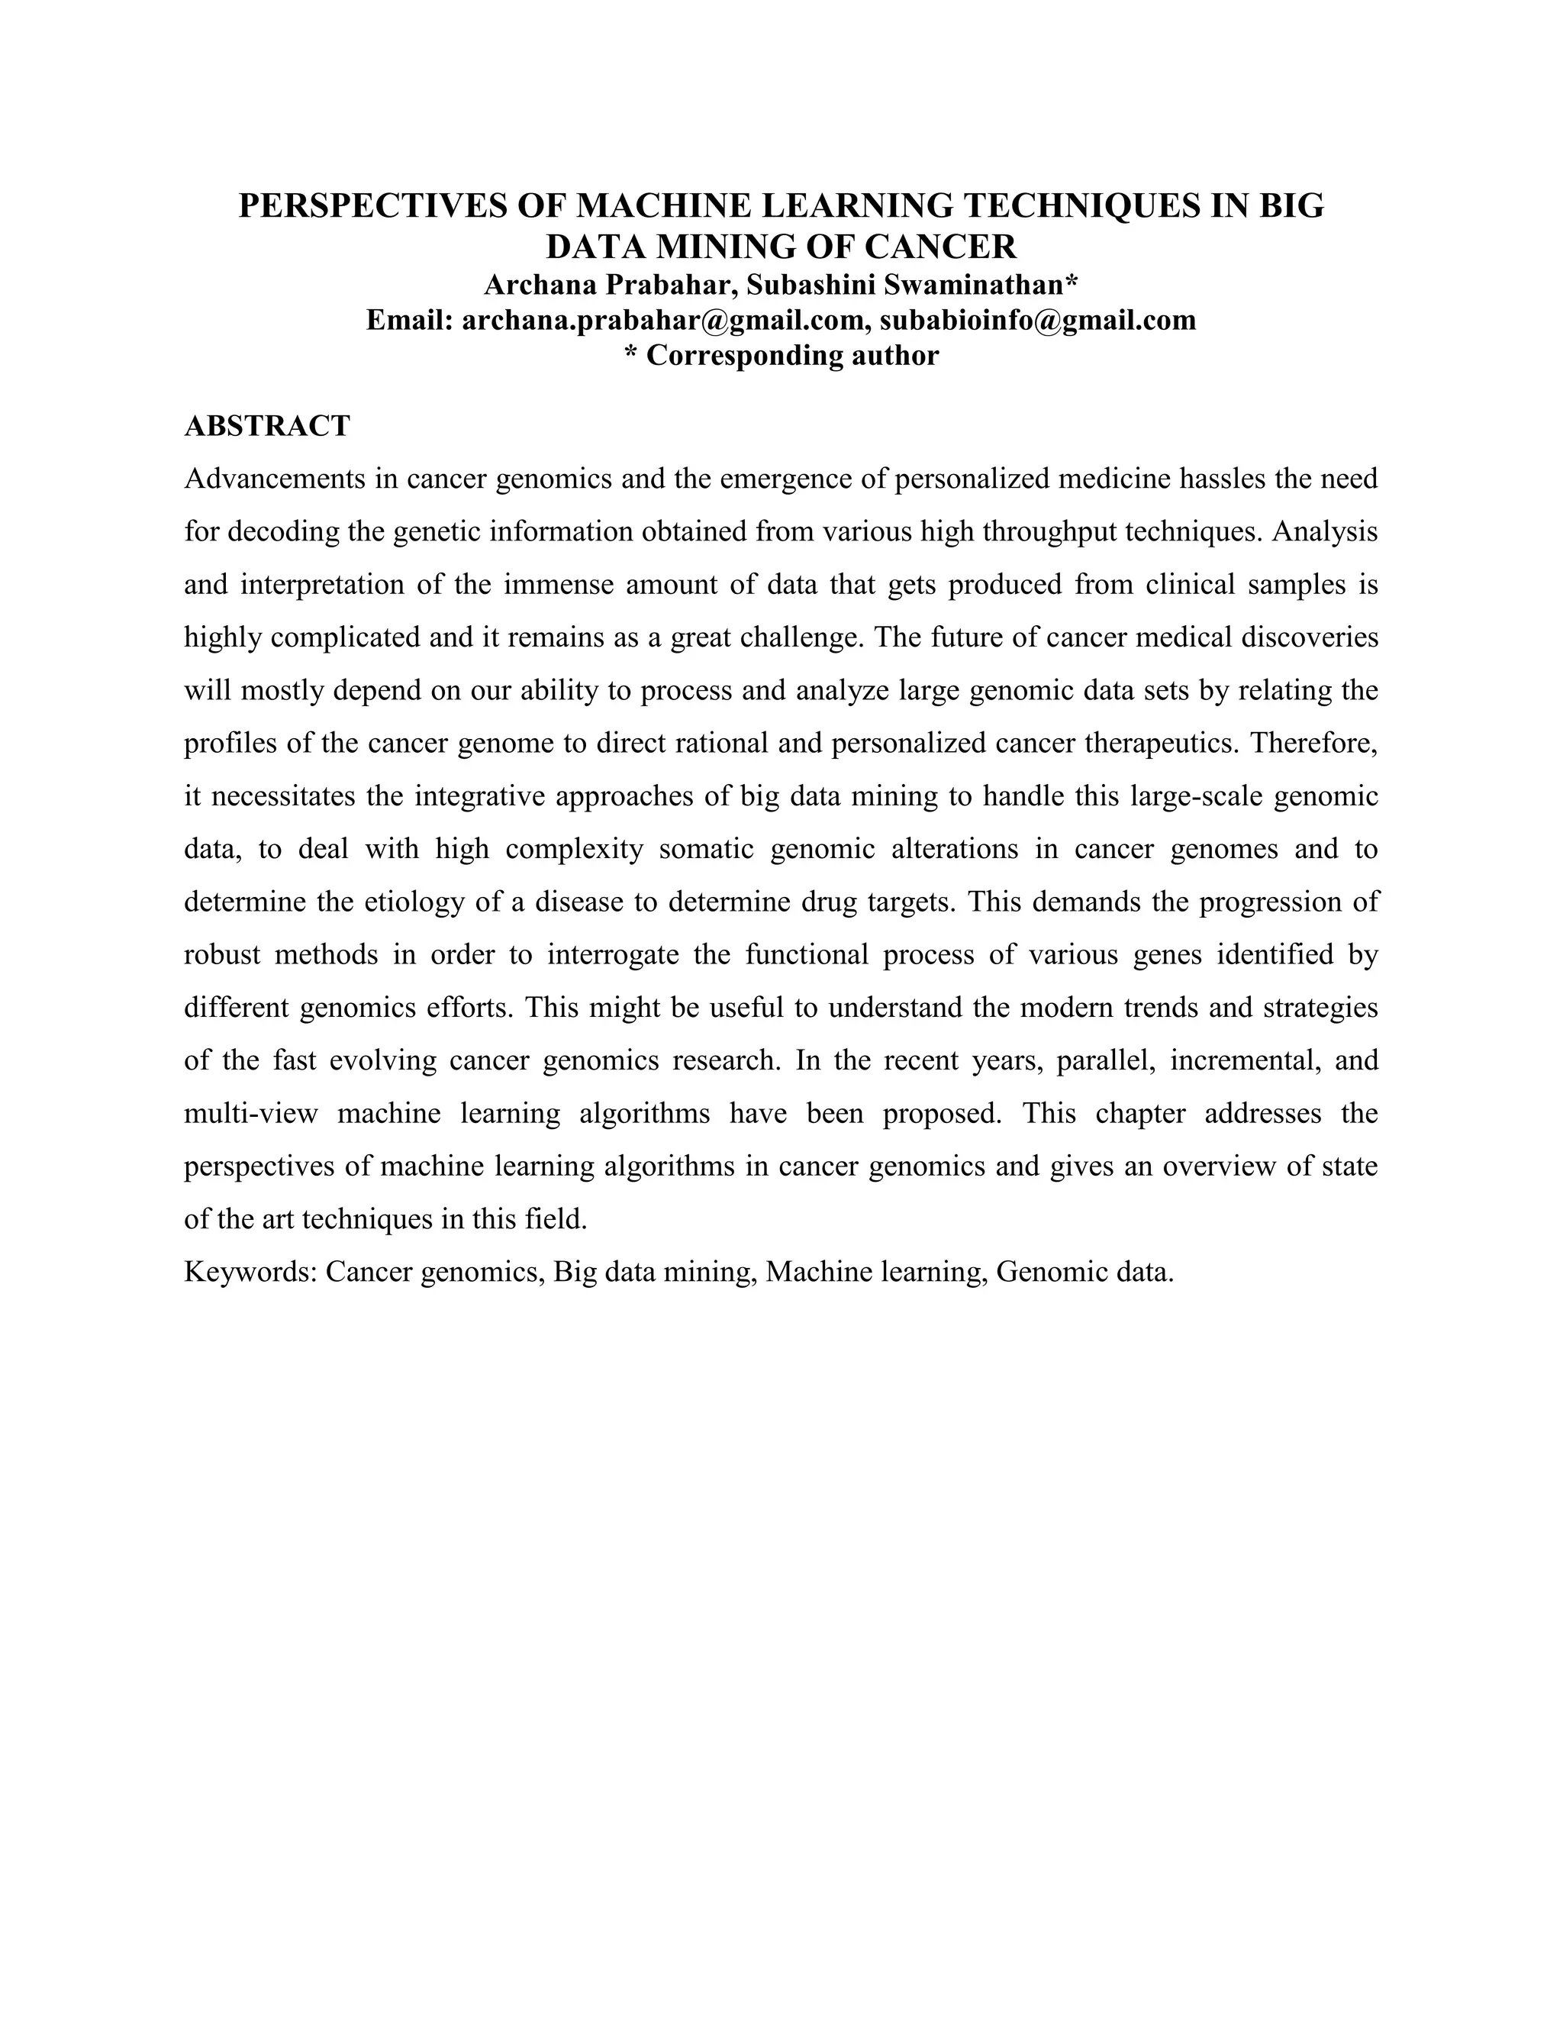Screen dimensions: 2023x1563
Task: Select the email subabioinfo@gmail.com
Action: pos(1038,321)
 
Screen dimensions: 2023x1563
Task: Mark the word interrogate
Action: pos(613,955)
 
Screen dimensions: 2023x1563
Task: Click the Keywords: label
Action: pos(250,1272)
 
